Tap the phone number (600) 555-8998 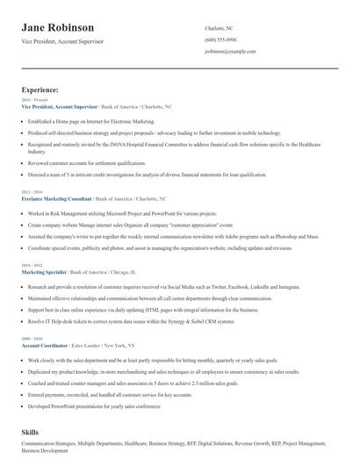(220, 40)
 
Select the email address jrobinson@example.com (230, 52)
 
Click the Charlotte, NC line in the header (219, 28)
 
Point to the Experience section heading (40, 89)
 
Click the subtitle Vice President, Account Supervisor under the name (63, 41)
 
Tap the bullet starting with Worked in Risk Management (110, 213)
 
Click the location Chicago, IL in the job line (152, 273)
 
